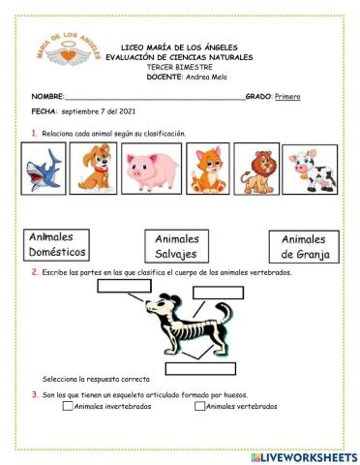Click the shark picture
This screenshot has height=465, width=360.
43,169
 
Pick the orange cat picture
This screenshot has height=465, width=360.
206,169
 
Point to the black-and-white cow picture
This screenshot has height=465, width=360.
310,170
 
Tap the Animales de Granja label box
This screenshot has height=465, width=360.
305,246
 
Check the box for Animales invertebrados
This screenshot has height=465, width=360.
68,407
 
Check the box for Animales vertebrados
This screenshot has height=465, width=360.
199,407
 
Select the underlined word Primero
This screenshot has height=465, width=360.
288,97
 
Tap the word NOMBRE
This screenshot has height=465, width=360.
46,97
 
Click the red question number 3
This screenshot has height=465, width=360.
35,395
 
